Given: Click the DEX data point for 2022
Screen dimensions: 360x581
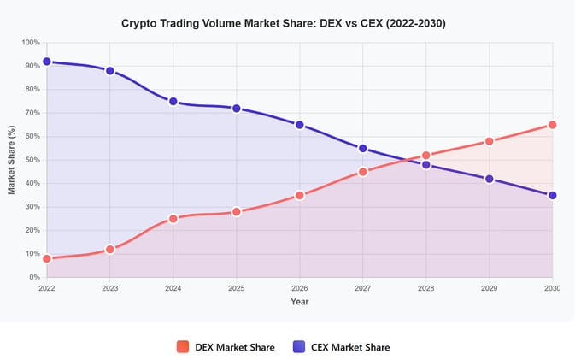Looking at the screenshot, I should point(47,258).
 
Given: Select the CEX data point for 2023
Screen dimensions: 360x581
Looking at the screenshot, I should point(110,71).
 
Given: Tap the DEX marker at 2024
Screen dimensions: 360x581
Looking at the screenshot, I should point(173,218).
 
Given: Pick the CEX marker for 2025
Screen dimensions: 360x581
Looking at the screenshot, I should point(237,109).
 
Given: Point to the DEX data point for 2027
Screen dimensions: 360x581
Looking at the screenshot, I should point(363,172).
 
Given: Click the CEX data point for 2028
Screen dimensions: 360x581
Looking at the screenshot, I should point(426,165).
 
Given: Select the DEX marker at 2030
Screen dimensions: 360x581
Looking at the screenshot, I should point(553,125).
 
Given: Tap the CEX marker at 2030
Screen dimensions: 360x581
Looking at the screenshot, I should point(553,195).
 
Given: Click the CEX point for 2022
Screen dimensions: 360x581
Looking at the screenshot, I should point(47,62).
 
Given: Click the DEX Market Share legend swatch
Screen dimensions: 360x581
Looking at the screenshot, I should point(183,347).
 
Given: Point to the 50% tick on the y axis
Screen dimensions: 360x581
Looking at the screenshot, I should point(31,160).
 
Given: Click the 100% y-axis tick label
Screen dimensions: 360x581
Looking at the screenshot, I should point(29,43).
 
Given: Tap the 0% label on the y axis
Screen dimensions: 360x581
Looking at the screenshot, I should point(33,277).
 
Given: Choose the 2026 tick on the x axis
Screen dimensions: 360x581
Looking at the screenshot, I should point(300,289).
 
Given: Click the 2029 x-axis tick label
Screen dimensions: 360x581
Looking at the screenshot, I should point(490,289).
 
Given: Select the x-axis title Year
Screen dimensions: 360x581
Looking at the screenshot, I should point(299,302).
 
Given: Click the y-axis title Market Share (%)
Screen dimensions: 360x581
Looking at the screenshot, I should point(12,160).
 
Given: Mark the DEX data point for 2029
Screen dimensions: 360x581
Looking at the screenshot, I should point(490,141).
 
